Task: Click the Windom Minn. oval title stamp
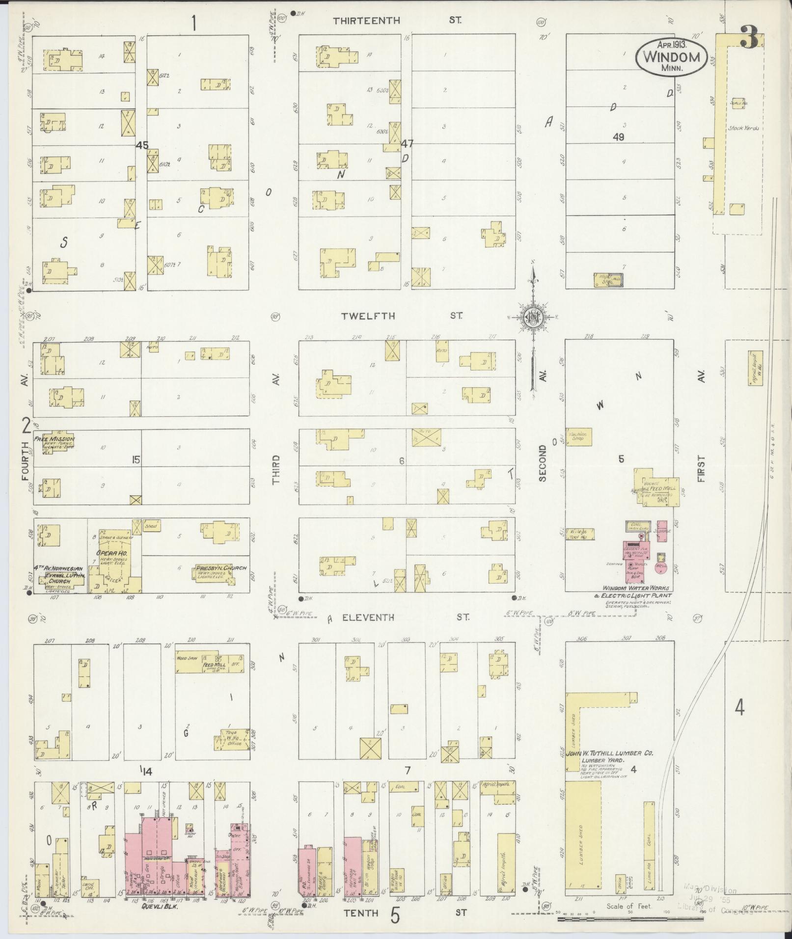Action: tap(671, 57)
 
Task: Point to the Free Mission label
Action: tap(54, 439)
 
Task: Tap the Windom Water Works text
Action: tap(635, 588)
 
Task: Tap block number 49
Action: tap(618, 137)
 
